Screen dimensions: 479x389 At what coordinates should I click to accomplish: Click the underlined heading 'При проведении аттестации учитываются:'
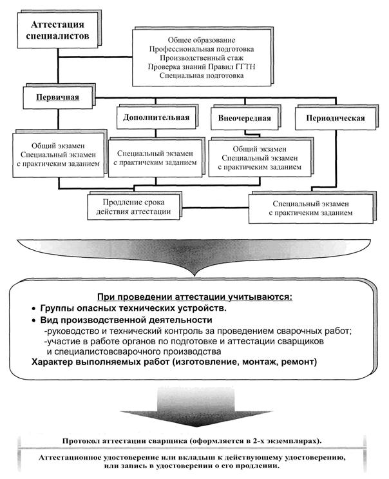pos(194,297)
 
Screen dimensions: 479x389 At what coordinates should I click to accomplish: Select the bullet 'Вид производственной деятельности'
pos(126,320)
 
